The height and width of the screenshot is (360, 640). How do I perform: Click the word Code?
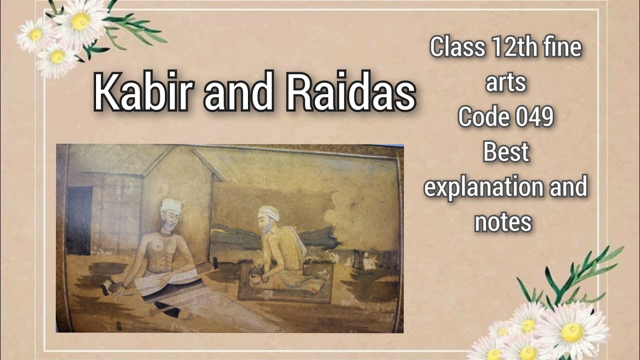click(480, 117)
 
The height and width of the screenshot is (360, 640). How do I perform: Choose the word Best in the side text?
click(505, 152)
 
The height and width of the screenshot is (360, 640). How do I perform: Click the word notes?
click(503, 221)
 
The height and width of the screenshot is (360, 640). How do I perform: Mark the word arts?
click(505, 82)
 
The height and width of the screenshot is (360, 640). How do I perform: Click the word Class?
click(457, 47)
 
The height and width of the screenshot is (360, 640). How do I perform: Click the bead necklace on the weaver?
click(166, 233)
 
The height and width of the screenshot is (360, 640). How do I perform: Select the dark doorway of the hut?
click(79, 220)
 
